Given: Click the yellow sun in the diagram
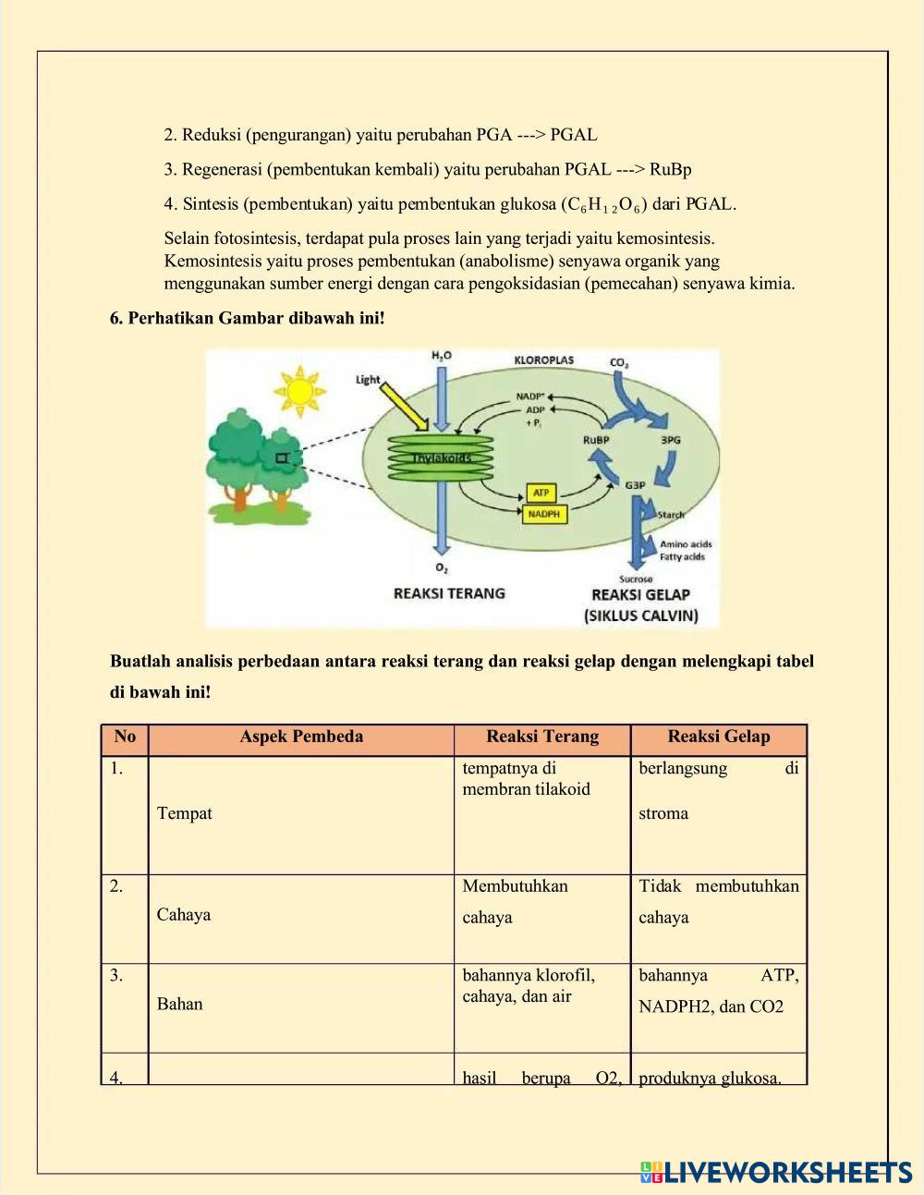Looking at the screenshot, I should [298, 389].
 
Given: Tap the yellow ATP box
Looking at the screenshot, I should [541, 493].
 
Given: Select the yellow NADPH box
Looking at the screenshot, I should [543, 514].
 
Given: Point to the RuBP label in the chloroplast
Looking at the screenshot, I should [596, 440].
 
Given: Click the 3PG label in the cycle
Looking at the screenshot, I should [670, 440].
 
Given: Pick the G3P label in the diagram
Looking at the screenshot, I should [635, 485].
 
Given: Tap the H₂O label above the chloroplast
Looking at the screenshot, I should [442, 356].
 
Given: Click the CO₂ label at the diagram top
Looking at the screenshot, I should [619, 362].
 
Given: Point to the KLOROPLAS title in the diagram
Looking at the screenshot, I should [543, 360].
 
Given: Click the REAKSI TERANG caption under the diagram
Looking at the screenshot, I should [449, 592].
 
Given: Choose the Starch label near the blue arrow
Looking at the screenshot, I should [671, 514].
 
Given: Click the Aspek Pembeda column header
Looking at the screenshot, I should [301, 737].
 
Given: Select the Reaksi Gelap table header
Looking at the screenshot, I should [718, 737].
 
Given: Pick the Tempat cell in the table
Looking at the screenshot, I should [185, 813].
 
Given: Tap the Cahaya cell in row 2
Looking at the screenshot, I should [184, 914].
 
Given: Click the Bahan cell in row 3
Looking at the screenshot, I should [179, 1004].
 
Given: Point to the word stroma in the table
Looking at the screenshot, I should [663, 813].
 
